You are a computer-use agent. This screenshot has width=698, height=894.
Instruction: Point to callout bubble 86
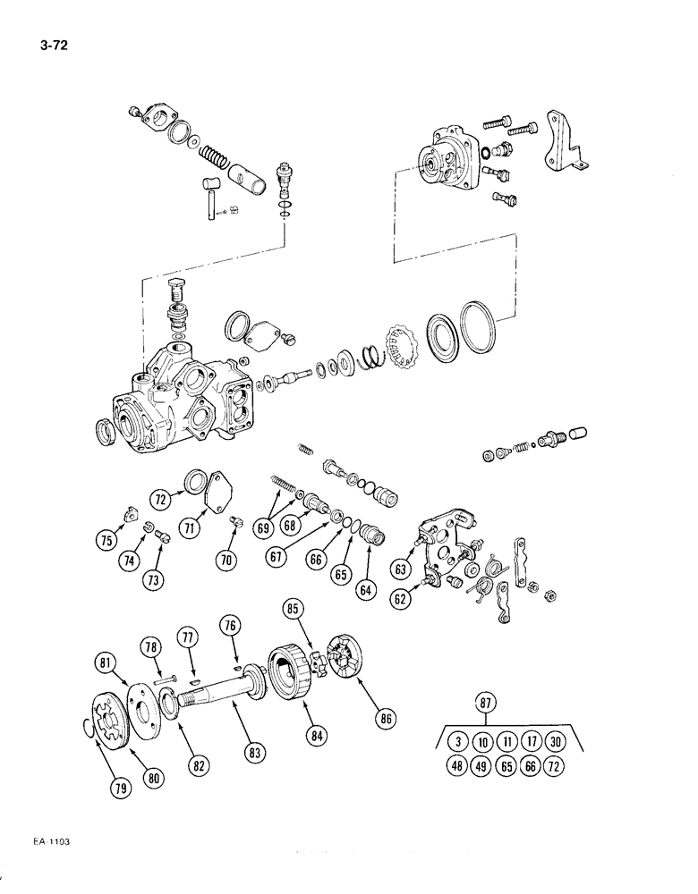[x=388, y=717]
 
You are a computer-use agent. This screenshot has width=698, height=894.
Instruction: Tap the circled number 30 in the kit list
[x=558, y=741]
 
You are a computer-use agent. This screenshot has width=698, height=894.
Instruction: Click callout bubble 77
[x=189, y=638]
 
